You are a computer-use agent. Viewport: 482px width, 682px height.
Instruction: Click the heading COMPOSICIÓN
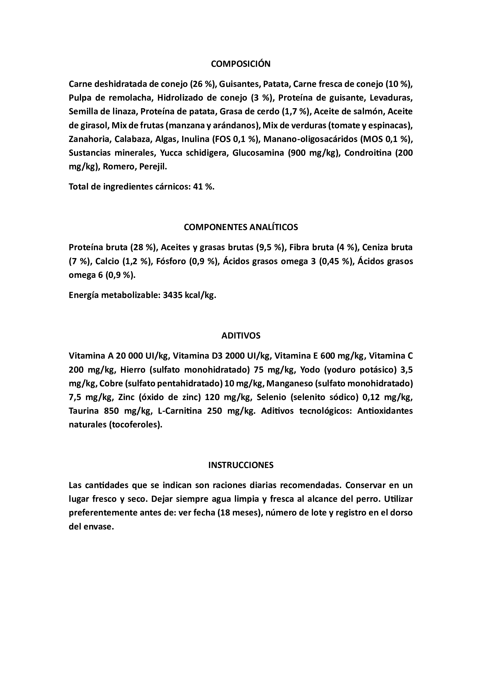pyautogui.click(x=241, y=64)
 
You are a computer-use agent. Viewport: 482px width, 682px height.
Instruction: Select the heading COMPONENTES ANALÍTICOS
pyautogui.click(x=241, y=227)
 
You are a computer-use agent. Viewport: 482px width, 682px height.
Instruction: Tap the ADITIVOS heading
pyautogui.click(x=241, y=336)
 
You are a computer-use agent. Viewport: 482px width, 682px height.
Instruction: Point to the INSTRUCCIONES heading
pyautogui.click(x=241, y=465)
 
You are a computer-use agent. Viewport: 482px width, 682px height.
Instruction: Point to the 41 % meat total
pyautogui.click(x=204, y=187)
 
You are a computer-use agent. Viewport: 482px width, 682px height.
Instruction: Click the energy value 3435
pyautogui.click(x=173, y=296)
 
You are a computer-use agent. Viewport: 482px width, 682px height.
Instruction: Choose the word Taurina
pyautogui.click(x=83, y=411)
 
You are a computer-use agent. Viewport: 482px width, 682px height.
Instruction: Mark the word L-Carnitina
pyautogui.click(x=180, y=411)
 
